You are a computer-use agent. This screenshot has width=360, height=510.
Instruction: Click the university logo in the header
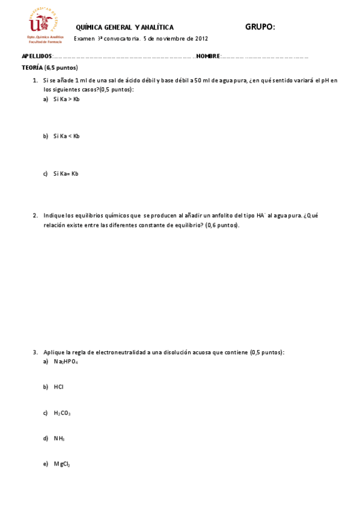(x=43, y=23)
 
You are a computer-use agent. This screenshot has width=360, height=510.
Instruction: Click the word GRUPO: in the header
(x=260, y=26)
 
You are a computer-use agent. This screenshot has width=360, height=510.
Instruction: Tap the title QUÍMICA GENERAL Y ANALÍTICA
(x=124, y=28)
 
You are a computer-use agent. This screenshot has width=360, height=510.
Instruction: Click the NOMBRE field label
(x=208, y=56)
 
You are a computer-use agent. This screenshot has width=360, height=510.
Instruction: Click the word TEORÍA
(x=31, y=67)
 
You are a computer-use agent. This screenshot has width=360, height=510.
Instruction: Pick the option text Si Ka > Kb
(x=66, y=99)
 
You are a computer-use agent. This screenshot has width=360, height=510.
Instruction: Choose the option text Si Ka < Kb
(x=66, y=136)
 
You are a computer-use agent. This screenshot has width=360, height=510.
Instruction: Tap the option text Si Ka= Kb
(x=66, y=174)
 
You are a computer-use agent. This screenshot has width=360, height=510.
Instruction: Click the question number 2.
(x=35, y=215)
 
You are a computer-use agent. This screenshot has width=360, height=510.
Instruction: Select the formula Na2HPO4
(x=66, y=361)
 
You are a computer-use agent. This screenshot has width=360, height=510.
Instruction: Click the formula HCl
(x=58, y=387)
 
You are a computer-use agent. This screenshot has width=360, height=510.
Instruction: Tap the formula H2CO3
(x=62, y=413)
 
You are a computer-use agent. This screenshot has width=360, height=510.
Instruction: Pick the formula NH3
(x=59, y=438)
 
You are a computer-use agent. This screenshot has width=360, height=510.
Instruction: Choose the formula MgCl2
(x=62, y=464)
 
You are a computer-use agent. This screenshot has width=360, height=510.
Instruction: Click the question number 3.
(x=35, y=352)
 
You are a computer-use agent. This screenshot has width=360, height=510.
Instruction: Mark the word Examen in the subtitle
(x=84, y=38)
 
